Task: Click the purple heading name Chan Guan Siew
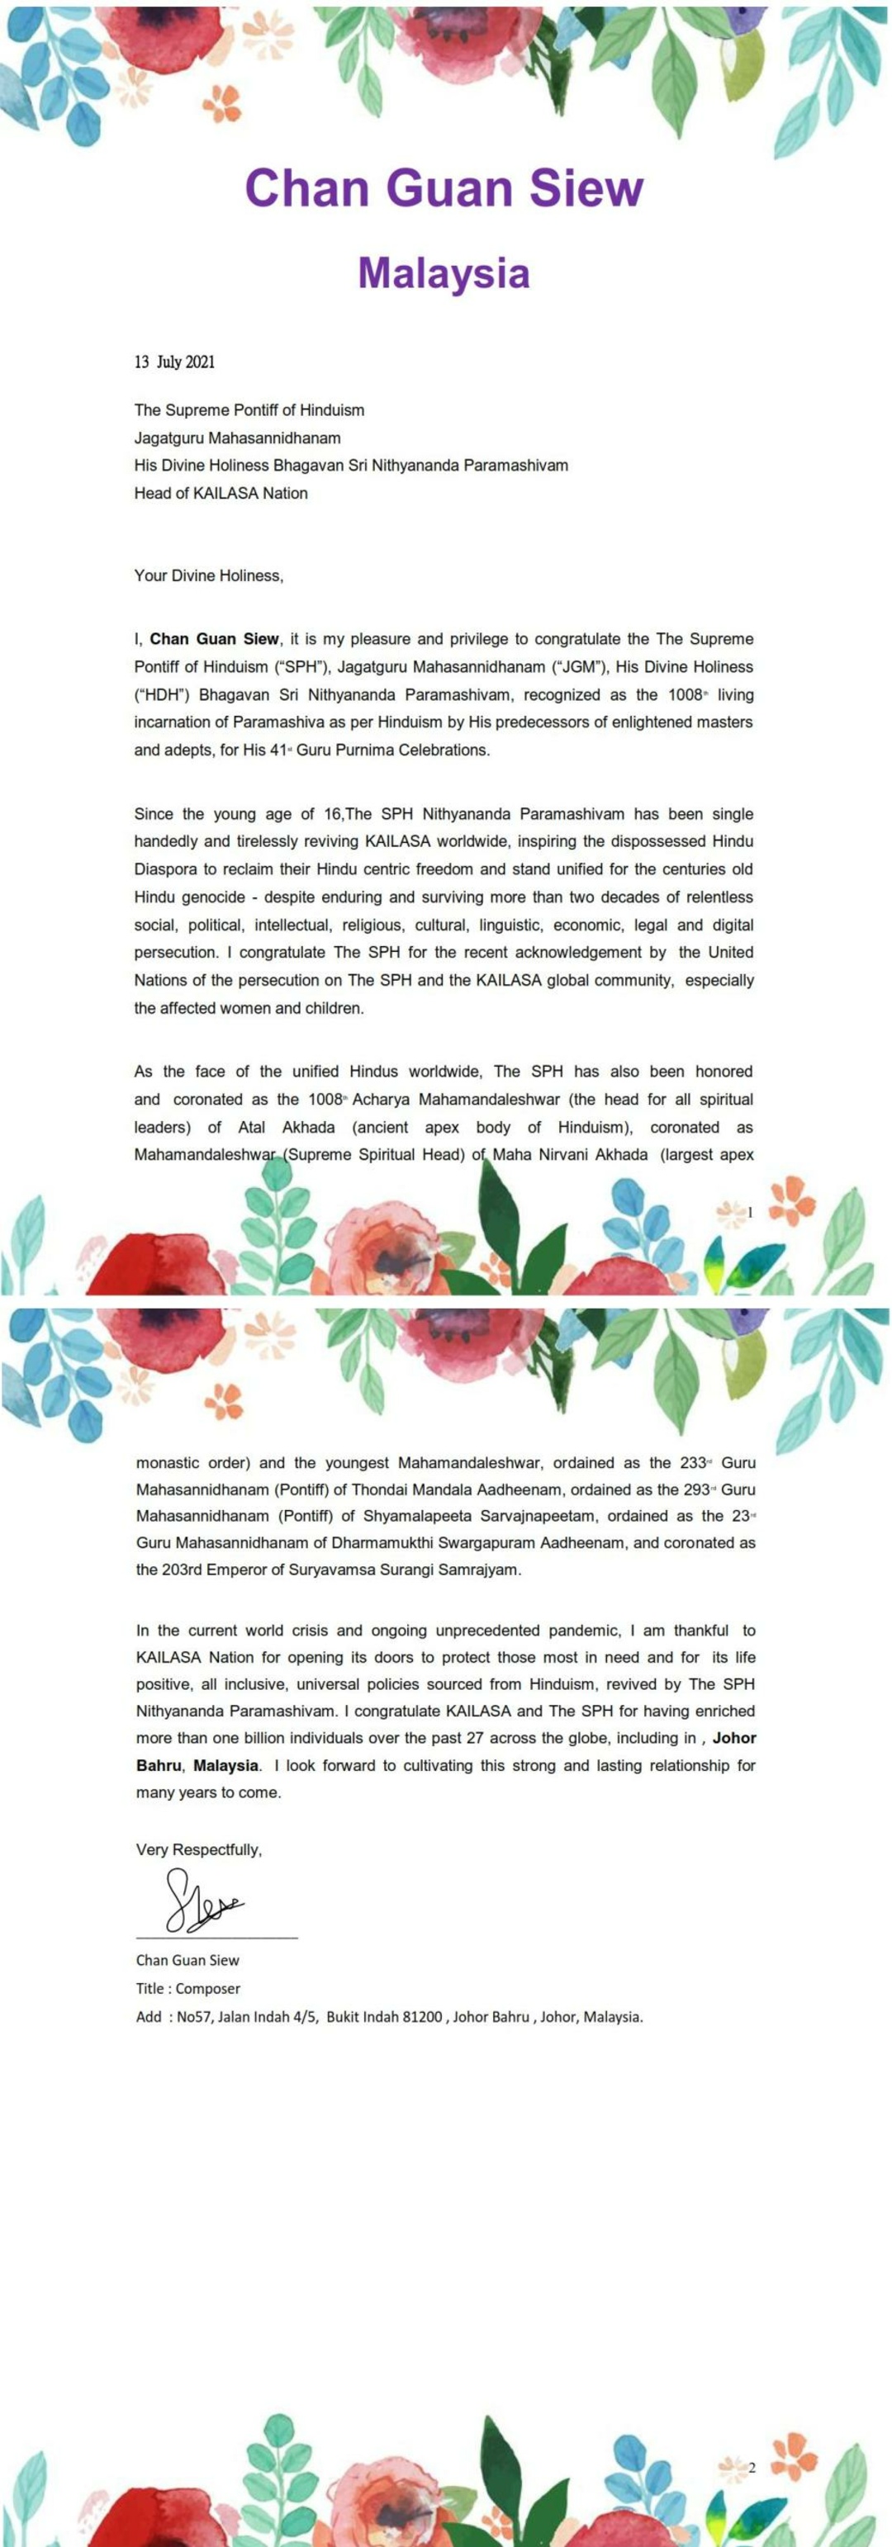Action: pos(444,188)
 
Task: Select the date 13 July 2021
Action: pos(174,362)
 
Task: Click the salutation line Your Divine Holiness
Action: pos(209,575)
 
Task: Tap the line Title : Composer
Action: pos(187,1988)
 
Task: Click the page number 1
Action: pos(751,1212)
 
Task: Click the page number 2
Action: pos(752,2468)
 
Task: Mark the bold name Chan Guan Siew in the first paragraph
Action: pos(215,640)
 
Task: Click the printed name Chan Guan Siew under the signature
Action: pos(187,1960)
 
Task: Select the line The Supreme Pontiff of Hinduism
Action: pos(249,410)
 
